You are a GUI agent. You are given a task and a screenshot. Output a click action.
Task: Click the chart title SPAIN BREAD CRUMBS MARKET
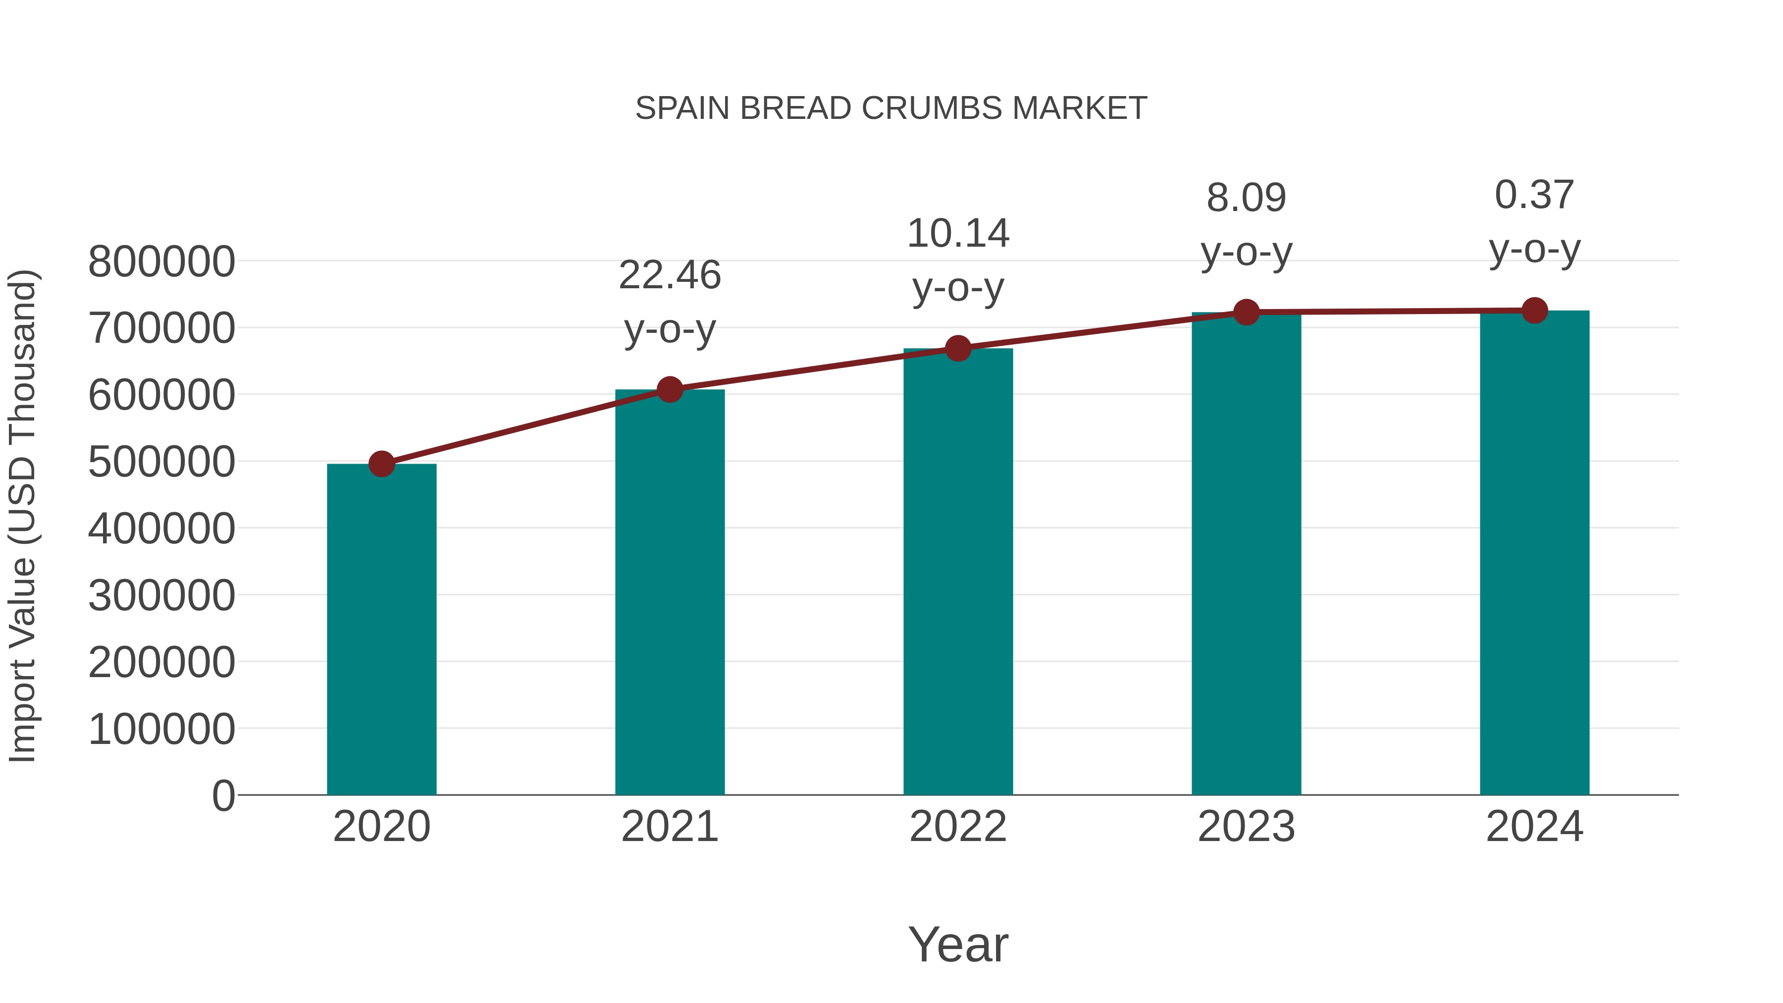(891, 108)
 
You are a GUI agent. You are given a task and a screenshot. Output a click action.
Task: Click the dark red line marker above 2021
(669, 390)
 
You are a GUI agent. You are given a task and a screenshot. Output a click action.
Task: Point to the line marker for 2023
(1246, 312)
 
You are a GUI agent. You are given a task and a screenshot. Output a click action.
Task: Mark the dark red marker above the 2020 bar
(381, 464)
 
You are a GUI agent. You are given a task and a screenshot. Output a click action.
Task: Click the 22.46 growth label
(669, 275)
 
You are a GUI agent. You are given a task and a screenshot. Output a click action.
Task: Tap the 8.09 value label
(1246, 198)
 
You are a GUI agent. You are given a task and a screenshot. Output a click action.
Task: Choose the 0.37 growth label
(1534, 195)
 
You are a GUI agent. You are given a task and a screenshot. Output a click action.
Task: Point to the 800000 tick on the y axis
(161, 263)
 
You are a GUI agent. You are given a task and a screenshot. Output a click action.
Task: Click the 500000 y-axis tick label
(161, 463)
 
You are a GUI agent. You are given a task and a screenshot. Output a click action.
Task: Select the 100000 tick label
(161, 729)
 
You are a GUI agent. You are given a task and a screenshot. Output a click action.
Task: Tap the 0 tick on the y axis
(223, 796)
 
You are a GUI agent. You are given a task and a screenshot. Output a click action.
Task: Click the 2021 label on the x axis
(669, 827)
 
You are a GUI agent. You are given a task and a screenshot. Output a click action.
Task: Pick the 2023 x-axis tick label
(1246, 827)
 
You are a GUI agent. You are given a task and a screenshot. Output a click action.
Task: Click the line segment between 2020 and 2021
(526, 426)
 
